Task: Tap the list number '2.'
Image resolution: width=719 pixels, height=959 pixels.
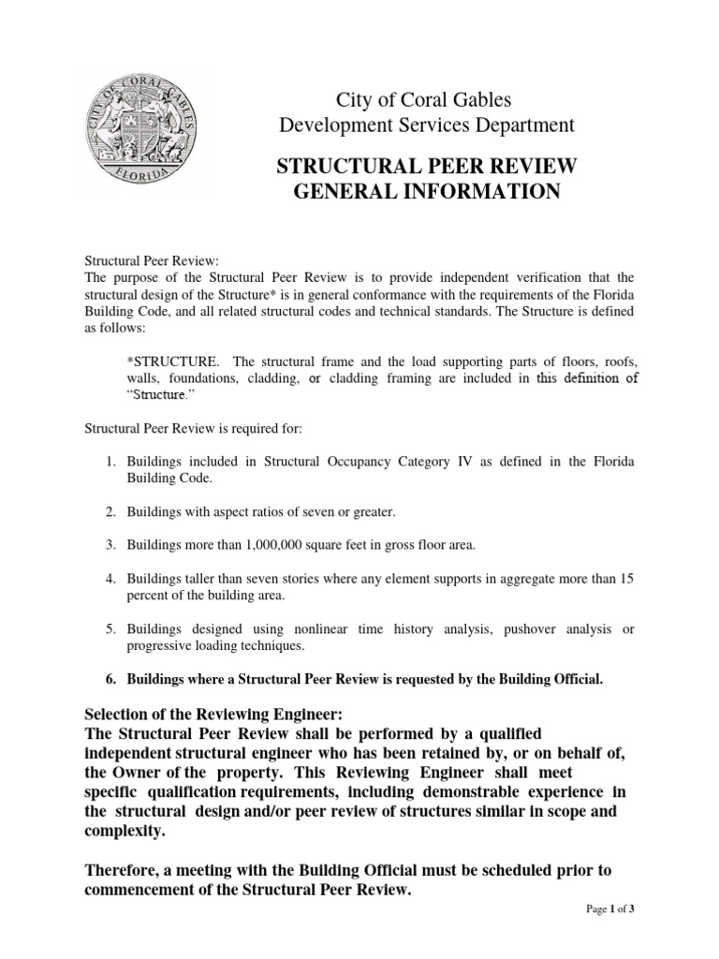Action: [110, 511]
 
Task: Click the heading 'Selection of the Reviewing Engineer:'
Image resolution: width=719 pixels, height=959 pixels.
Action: [213, 714]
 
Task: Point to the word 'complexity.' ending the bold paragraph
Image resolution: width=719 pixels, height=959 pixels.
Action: [123, 831]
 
